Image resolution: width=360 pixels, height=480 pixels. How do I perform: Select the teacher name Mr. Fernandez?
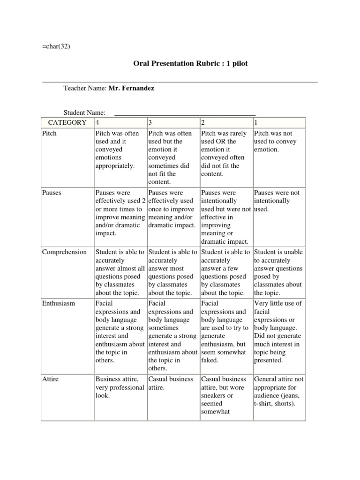[x=131, y=88]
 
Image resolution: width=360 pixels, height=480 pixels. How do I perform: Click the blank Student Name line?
[x=185, y=112]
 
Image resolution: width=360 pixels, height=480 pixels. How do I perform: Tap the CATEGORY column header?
[x=67, y=123]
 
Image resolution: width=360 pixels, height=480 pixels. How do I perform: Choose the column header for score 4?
[x=97, y=123]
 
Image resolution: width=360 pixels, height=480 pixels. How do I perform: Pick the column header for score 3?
[x=150, y=123]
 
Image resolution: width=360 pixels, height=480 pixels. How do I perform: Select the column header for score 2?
[x=203, y=123]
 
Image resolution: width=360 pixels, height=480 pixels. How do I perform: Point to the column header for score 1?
[x=255, y=123]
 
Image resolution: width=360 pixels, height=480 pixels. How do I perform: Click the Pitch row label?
[x=49, y=134]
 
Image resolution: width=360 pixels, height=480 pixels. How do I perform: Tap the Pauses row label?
[x=52, y=193]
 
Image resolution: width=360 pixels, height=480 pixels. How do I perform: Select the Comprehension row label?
[x=64, y=252]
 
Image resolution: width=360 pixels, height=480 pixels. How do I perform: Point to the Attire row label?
[x=50, y=379]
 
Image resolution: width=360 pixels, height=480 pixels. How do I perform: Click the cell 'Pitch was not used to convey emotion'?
[x=277, y=142]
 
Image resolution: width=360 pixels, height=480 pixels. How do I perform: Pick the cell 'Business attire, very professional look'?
[x=120, y=387]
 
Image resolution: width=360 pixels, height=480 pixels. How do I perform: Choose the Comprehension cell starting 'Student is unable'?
[x=278, y=272]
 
